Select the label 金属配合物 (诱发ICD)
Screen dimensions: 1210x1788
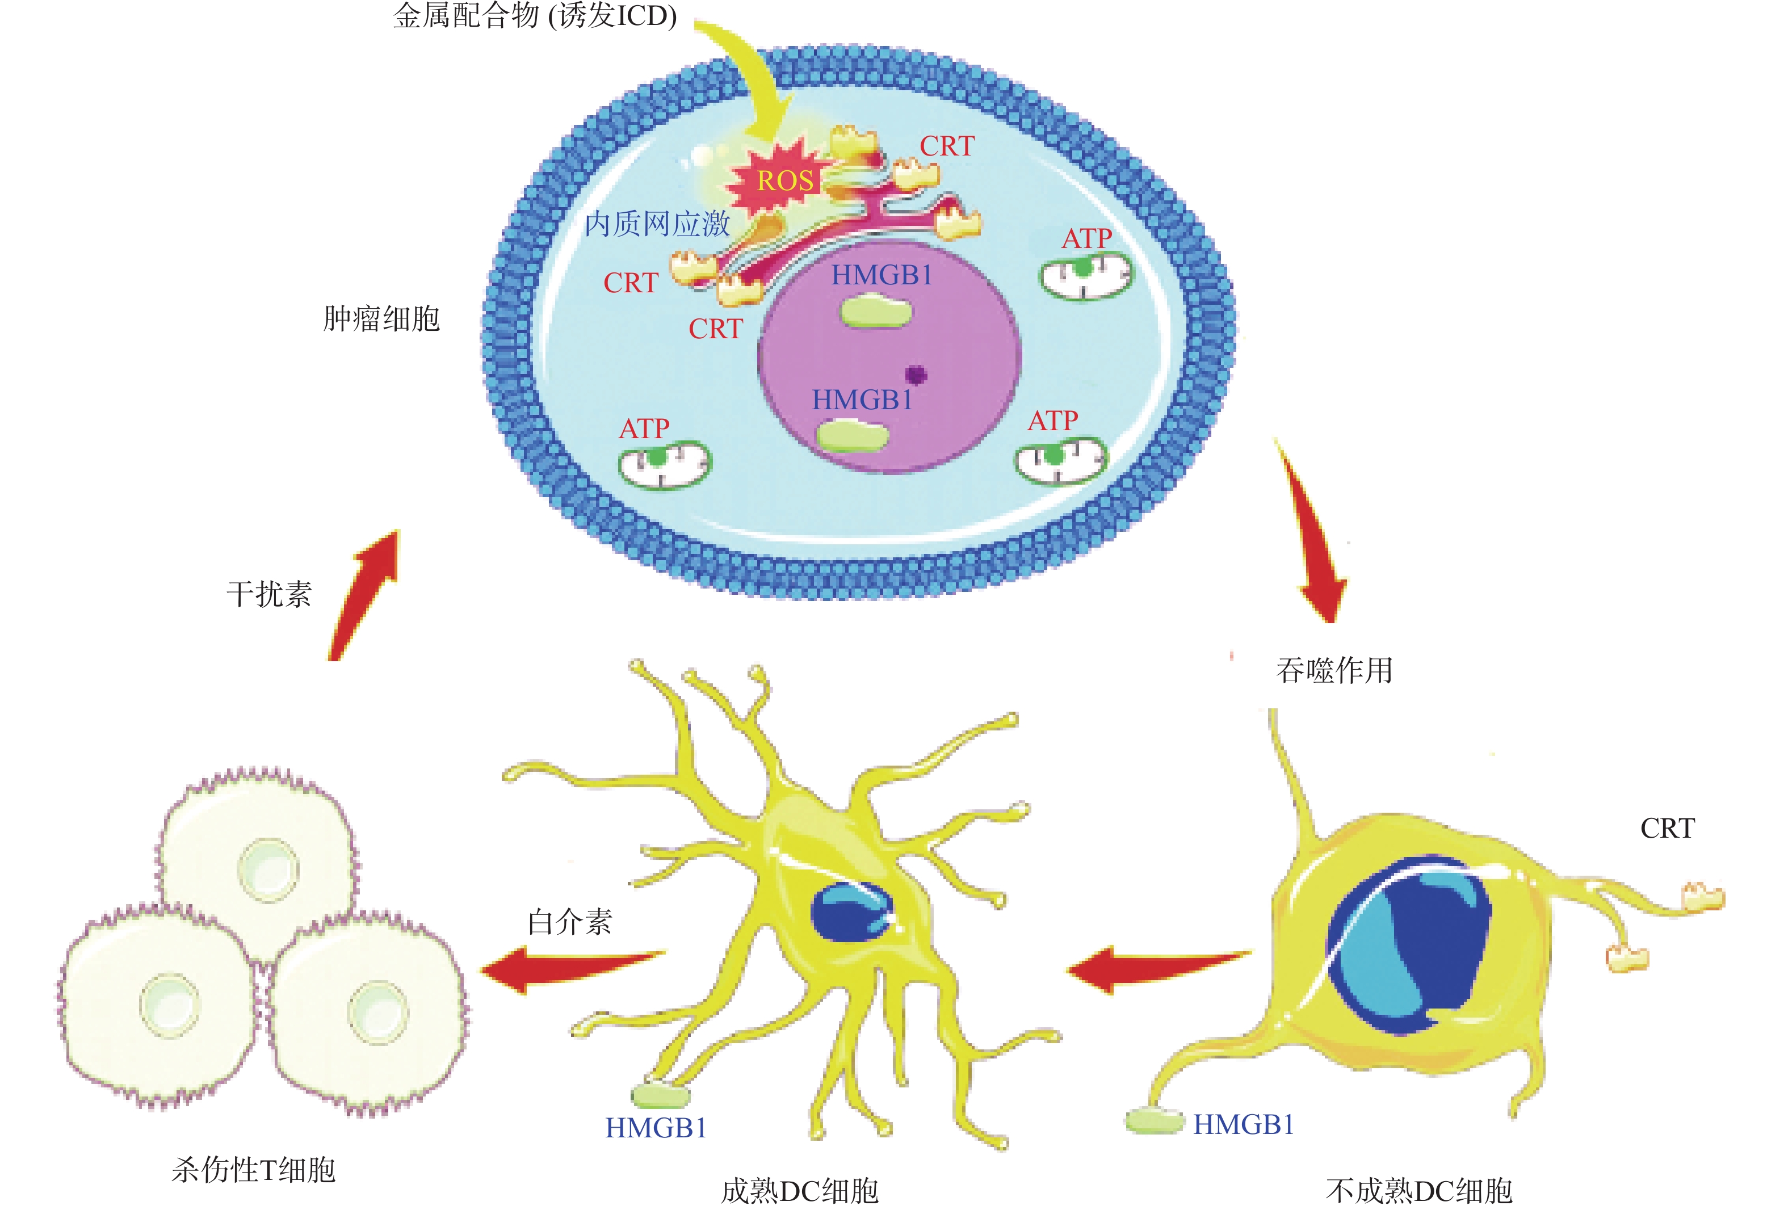coord(535,15)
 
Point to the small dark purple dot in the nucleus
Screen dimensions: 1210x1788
coord(916,375)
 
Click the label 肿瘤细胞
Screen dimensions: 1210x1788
coord(381,318)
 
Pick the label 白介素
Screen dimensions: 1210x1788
coord(569,921)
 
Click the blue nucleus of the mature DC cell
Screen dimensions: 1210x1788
coord(850,911)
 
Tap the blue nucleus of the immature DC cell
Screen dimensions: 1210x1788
coord(1408,942)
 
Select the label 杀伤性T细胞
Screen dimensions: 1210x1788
coord(253,1169)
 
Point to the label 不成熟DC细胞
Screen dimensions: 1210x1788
coord(1420,1190)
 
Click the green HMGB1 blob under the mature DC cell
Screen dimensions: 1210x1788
coord(660,1095)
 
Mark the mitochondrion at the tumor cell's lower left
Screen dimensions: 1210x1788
coord(665,463)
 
